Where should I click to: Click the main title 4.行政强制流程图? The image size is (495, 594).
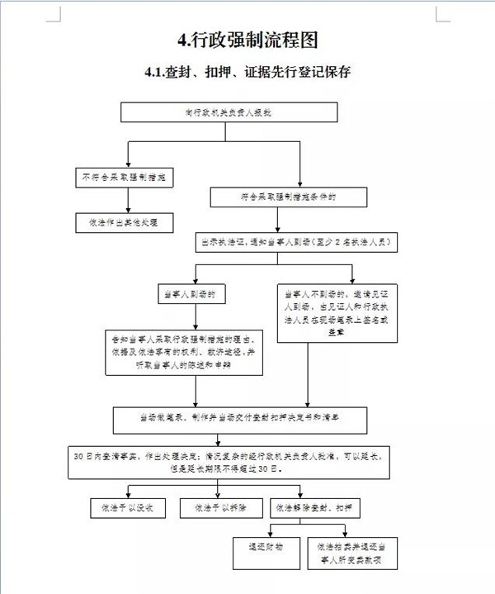tap(247, 40)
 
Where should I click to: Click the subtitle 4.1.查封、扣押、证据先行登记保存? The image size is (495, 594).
tap(247, 72)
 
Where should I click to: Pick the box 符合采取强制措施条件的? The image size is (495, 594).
tap(288, 197)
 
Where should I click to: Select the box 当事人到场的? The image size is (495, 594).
tap(193, 293)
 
